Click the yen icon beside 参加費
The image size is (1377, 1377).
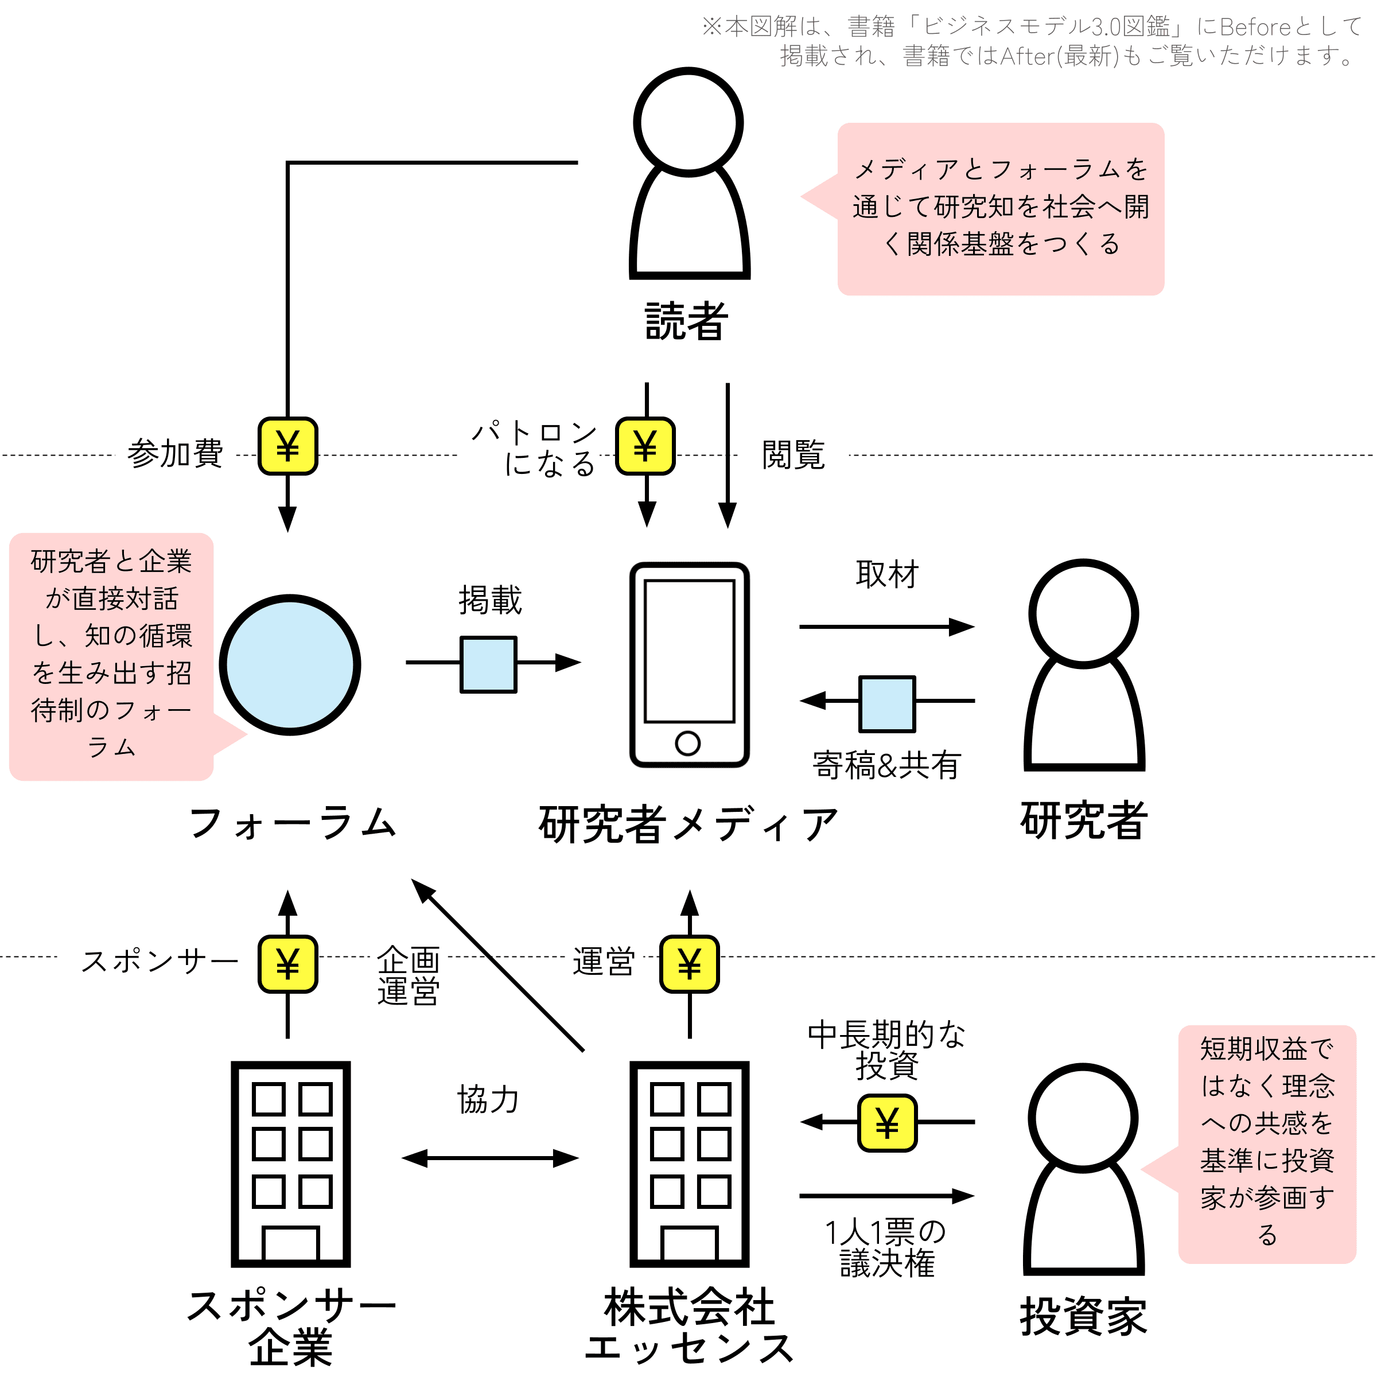tap(287, 446)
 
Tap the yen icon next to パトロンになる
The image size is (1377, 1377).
tap(645, 446)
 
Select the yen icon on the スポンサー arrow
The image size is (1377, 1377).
tap(287, 964)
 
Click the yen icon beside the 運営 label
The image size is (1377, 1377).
tap(689, 964)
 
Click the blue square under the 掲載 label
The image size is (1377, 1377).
tap(488, 664)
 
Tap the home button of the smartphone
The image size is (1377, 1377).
tap(688, 744)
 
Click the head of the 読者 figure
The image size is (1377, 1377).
tap(688, 122)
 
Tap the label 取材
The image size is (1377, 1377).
tap(888, 574)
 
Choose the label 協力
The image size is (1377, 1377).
tap(488, 1099)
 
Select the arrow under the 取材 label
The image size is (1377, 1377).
tap(888, 627)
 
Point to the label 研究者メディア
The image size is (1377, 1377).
tap(688, 824)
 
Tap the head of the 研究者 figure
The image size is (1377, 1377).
tap(1083, 614)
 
